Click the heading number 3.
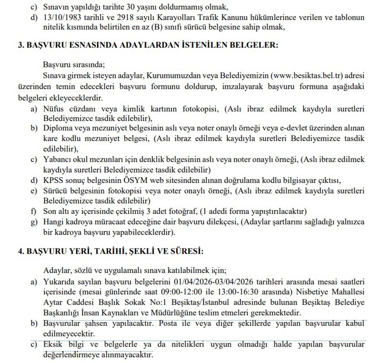(x=21, y=45)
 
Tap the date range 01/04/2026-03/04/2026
(x=214, y=282)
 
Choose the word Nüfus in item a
(x=53, y=109)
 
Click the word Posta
(x=168, y=323)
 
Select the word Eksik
(x=53, y=344)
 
